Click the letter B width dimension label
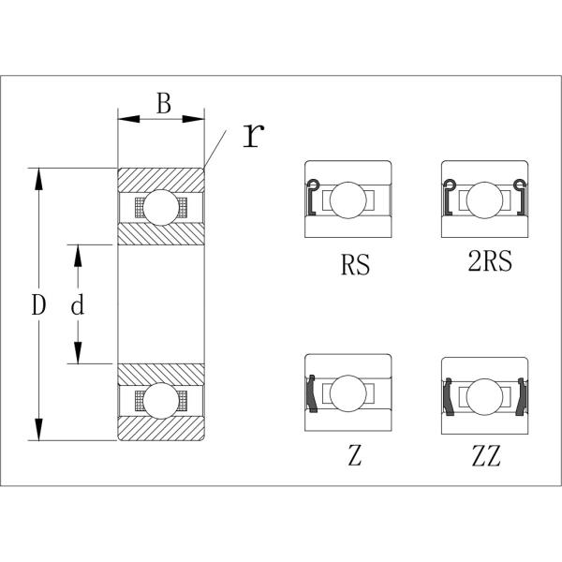(164, 103)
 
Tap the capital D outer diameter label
(38, 304)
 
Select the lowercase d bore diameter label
(78, 304)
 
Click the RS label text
(355, 264)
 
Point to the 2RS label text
(490, 260)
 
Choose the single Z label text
(354, 455)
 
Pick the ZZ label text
(486, 455)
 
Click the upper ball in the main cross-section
(161, 208)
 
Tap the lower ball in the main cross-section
(161, 401)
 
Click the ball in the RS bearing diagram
(348, 200)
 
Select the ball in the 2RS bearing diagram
(484, 200)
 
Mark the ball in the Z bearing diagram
(348, 393)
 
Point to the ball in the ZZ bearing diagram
(484, 397)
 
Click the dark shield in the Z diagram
(312, 393)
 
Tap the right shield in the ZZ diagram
(522, 397)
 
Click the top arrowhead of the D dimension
(38, 179)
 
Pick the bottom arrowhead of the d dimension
(78, 353)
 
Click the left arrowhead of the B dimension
(128, 119)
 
